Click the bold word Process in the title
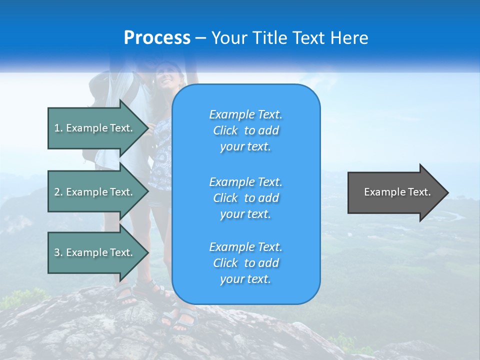pos(157,38)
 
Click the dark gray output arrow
pos(395,192)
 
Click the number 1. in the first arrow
pos(58,128)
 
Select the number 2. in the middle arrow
pos(58,192)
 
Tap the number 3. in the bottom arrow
pos(58,252)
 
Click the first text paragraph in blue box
pos(245,130)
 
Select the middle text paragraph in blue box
pos(245,198)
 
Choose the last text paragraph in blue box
pos(245,263)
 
